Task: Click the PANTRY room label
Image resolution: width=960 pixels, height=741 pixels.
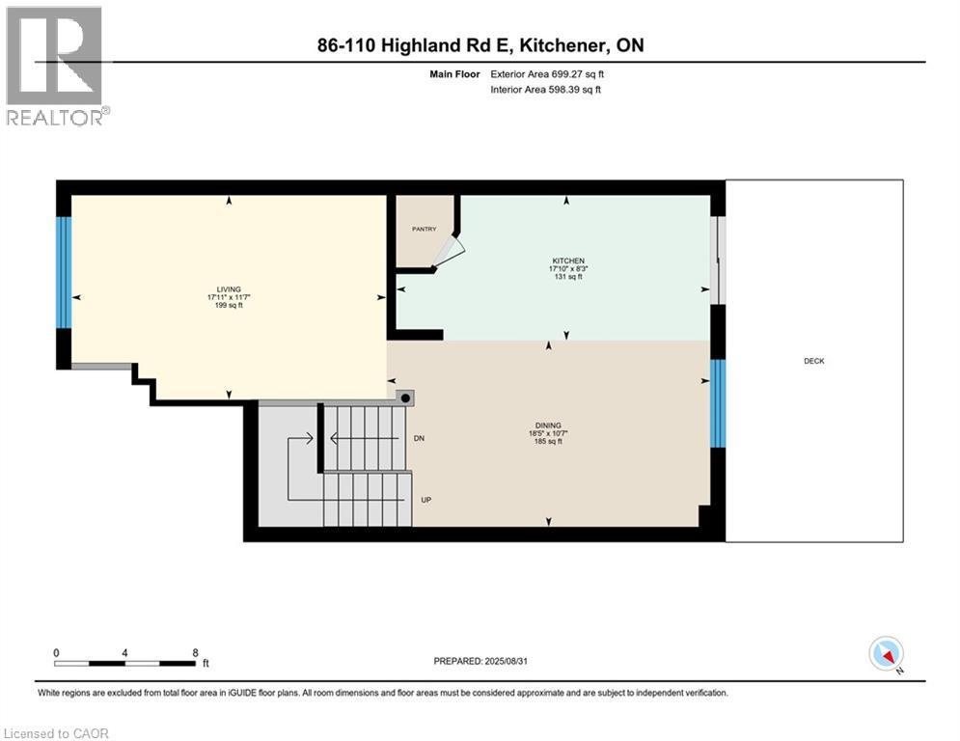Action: (x=424, y=230)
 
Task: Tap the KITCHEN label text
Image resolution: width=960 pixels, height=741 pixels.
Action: (x=567, y=261)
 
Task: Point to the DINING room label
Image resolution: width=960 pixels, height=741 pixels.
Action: (x=549, y=426)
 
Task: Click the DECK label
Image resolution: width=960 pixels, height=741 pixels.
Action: (x=813, y=362)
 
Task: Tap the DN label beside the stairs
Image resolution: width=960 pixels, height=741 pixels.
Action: (x=420, y=439)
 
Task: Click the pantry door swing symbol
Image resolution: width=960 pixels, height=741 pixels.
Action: (x=448, y=254)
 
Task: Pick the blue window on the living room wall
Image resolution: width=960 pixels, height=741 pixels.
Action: (x=64, y=272)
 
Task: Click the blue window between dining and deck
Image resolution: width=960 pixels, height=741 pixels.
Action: (x=717, y=403)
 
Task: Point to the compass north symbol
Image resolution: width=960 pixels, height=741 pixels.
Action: (x=885, y=655)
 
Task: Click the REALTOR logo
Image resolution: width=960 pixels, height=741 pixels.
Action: (x=55, y=66)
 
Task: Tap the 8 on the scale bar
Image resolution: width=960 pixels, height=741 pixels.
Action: (x=196, y=652)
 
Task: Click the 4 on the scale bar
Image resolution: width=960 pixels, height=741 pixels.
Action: (x=125, y=652)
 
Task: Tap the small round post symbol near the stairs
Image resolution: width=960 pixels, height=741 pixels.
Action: (x=406, y=398)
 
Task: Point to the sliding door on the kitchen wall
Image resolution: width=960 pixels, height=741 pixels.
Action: (x=717, y=261)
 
